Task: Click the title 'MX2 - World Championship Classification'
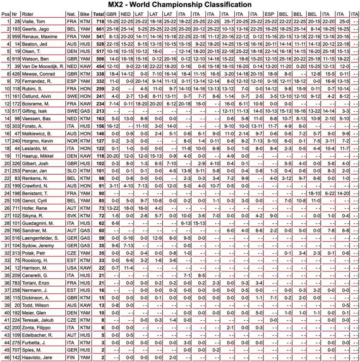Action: (180, 5)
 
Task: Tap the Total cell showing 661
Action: (98, 29)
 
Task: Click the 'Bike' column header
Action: (85, 14)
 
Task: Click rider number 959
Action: (15, 36)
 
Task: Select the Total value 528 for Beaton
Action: (98, 44)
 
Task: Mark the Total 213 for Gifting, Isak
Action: (98, 111)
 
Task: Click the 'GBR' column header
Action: (111, 14)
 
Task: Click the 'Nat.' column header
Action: (71, 14)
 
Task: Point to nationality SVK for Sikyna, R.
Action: (72, 216)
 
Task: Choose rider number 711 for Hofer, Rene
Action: (15, 208)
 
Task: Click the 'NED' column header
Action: (126, 14)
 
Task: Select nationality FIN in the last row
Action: (71, 357)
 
